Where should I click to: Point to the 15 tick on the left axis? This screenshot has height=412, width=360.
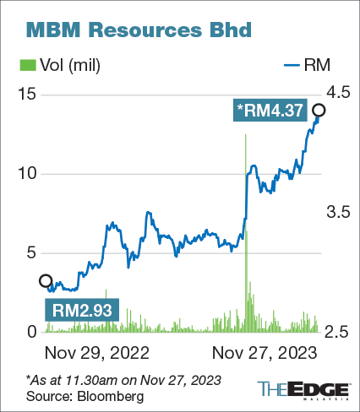[27, 94]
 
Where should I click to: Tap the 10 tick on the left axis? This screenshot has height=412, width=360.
[27, 173]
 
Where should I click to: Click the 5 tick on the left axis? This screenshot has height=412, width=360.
[31, 252]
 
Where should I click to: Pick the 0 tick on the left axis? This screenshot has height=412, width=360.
[31, 332]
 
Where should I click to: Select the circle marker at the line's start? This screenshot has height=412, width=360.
[46, 281]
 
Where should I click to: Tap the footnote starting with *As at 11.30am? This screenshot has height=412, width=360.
[123, 379]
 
